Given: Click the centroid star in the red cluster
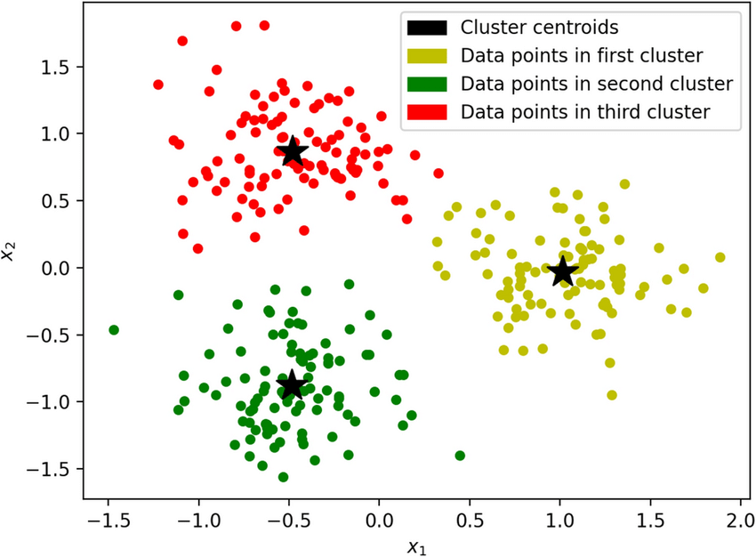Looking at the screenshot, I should pos(292,152).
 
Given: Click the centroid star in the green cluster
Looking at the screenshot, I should pos(292,384).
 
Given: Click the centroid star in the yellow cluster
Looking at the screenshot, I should pos(562,271).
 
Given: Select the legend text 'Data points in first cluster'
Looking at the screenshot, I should pos(582,56).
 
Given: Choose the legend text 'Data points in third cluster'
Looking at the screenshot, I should pos(585,112).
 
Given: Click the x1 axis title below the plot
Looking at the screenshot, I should pos(416,547).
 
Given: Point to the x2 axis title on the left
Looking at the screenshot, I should pos(10,254).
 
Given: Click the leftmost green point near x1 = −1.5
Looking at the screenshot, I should pos(114,330).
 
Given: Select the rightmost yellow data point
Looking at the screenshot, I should pos(720,257).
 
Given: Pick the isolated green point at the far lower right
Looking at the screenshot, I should pos(460,456).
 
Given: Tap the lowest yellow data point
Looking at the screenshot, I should pos(612,395).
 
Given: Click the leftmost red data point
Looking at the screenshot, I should pos(158,85).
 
